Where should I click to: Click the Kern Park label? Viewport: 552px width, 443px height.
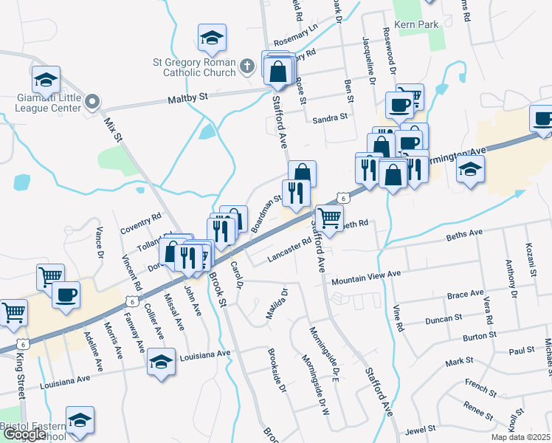(x=417, y=24)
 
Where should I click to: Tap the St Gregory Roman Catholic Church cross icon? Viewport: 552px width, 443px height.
(x=248, y=68)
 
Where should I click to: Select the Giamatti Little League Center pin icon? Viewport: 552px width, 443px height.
(x=92, y=101)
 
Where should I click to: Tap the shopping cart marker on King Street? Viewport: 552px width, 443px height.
(x=14, y=312)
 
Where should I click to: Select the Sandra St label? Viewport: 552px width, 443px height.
(x=329, y=118)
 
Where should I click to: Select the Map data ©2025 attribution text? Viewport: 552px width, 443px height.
(x=520, y=437)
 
